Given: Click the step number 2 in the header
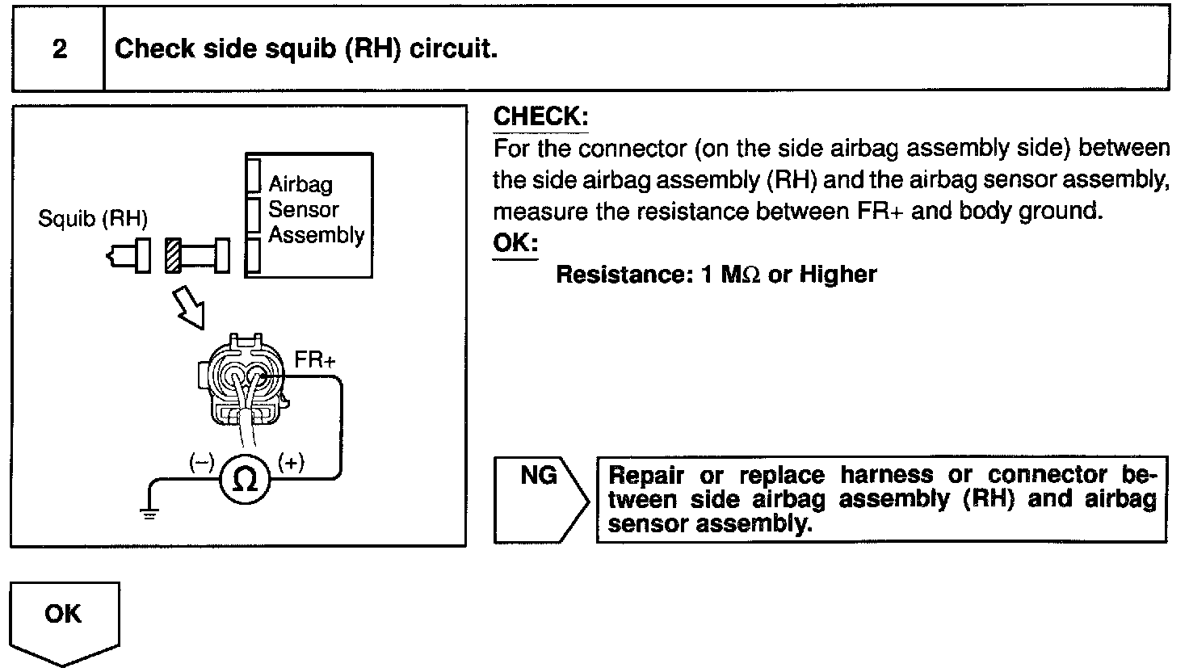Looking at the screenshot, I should pyautogui.click(x=59, y=50).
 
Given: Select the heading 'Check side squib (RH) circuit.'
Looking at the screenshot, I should pyautogui.click(x=305, y=49).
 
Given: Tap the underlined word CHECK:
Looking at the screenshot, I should pyautogui.click(x=540, y=116).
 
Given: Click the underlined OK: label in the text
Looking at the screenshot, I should pyautogui.click(x=515, y=243).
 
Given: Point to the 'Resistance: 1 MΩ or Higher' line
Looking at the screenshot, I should pyautogui.click(x=716, y=275).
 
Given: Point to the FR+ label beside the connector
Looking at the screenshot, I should pyautogui.click(x=315, y=360).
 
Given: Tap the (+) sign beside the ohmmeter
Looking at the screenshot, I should pyautogui.click(x=291, y=462).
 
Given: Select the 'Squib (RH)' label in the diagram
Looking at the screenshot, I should pyautogui.click(x=93, y=219).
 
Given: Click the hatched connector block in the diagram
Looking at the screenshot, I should pyautogui.click(x=174, y=256).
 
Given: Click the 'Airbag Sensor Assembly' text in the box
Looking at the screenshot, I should pyautogui.click(x=316, y=210).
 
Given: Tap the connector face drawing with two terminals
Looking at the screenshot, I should pyautogui.click(x=242, y=384).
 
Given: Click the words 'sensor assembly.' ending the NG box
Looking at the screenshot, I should pyautogui.click(x=708, y=524).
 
